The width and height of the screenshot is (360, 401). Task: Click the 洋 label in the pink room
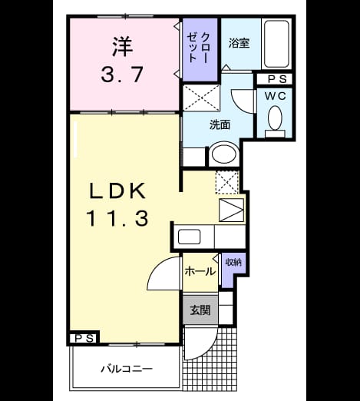(122, 47)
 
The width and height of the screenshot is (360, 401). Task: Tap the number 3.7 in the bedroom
(122, 75)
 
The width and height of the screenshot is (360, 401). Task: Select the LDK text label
(117, 191)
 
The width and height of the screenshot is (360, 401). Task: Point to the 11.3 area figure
(117, 218)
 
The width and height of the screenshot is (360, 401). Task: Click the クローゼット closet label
(199, 48)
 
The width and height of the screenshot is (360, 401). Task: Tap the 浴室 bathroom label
(239, 43)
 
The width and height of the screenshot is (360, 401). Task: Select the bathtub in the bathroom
(276, 44)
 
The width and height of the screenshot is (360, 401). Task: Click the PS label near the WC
(277, 79)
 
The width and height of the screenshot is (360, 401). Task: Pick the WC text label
(275, 96)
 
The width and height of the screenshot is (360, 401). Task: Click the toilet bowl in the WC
(275, 118)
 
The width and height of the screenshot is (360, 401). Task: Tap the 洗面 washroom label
(220, 125)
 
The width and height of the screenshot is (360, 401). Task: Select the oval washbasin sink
(224, 154)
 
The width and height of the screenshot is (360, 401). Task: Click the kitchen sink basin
(189, 237)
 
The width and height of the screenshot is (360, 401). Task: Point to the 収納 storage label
(233, 262)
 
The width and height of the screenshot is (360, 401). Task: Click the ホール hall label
(200, 271)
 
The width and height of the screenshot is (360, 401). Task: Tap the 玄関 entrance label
(200, 310)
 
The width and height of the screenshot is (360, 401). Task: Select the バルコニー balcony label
(127, 369)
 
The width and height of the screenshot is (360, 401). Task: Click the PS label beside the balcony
(84, 339)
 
